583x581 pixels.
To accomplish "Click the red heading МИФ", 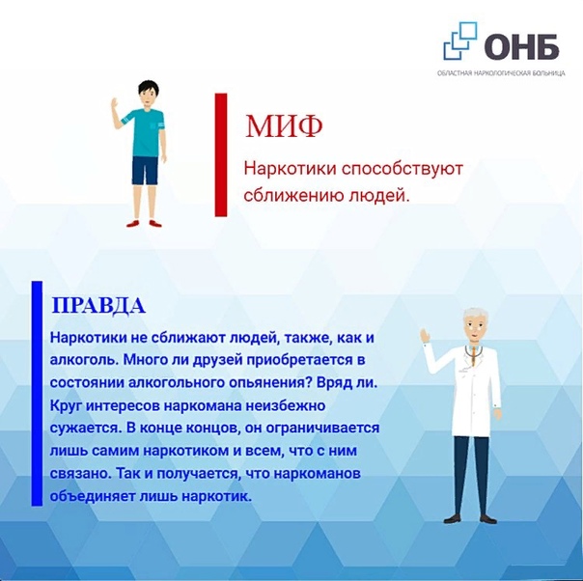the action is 284,126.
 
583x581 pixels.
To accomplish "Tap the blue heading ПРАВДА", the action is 98,306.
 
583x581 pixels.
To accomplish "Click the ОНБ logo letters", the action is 521,47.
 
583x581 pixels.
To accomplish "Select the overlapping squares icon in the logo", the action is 460,41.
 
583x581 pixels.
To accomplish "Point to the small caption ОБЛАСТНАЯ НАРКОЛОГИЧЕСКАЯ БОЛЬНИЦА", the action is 501,73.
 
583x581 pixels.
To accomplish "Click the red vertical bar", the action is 221,154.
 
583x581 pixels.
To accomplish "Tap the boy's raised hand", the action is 115,104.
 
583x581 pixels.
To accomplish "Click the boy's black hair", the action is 148,88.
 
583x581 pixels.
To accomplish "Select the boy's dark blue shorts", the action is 145,171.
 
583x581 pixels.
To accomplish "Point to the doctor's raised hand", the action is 425,336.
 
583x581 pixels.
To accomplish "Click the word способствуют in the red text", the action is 403,169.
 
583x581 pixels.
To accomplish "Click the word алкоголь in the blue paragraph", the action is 84,360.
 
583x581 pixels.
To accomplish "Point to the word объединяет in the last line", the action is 93,496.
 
